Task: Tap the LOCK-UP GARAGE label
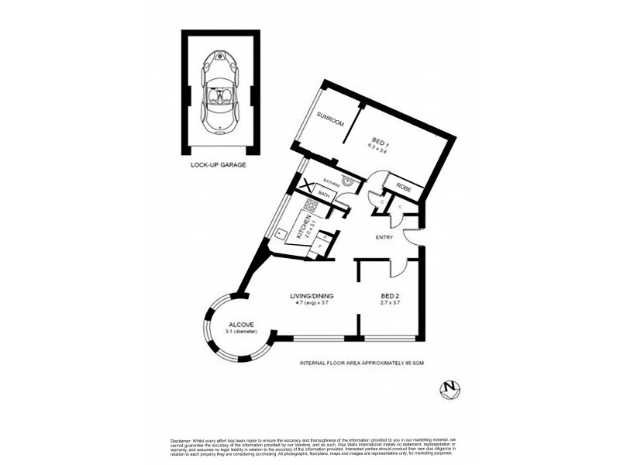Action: tap(218, 165)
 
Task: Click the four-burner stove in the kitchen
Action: tap(310, 207)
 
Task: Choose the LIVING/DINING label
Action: tap(311, 295)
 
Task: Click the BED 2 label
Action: tap(390, 295)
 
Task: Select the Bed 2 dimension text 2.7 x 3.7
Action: tap(390, 303)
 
